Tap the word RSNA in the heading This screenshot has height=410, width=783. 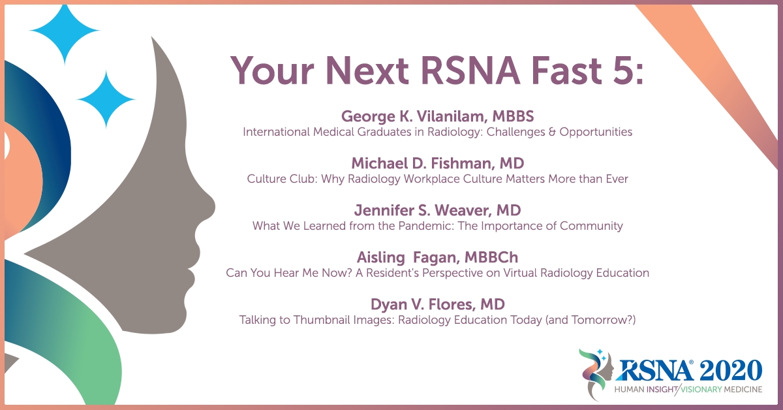coord(470,71)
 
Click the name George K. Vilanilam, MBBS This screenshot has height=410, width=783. coord(438,116)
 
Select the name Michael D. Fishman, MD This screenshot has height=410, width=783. coord(438,163)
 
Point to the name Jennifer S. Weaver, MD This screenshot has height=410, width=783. coord(438,210)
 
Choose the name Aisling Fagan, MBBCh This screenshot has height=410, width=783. coord(438,257)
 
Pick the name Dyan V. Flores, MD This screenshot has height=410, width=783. coord(438,304)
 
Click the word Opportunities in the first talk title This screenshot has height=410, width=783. coord(596,133)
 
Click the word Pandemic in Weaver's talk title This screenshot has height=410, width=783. coord(426,226)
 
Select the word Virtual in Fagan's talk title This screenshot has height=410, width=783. coord(520,273)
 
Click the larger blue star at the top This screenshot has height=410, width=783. coord(65,31)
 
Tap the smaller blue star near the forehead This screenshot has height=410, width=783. coord(106,99)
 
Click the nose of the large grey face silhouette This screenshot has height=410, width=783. coord(209,207)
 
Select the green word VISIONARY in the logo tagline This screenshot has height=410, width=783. coord(701,389)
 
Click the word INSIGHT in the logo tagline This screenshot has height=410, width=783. coord(662,389)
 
